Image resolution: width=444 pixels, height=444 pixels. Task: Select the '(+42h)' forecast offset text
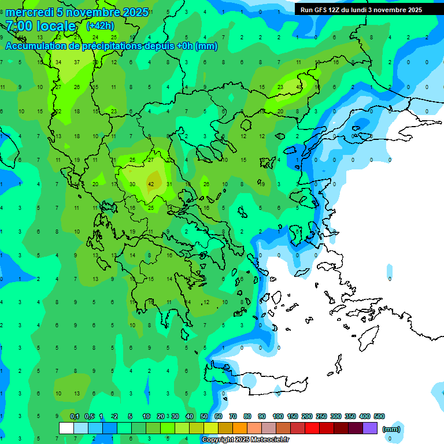[99, 25]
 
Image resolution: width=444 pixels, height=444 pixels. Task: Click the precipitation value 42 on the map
[151, 184]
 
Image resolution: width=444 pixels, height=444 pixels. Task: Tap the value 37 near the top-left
[77, 62]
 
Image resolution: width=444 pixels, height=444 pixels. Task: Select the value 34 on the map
[58, 62]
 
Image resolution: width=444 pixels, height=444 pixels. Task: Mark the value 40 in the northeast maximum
[299, 87]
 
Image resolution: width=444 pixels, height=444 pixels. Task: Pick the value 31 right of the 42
[169, 184]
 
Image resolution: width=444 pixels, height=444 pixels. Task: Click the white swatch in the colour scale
[66, 428]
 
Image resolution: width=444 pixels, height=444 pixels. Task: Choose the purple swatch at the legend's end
[370, 428]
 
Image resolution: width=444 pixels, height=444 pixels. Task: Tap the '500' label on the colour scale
[379, 417]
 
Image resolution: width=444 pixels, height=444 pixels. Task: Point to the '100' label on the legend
[278, 417]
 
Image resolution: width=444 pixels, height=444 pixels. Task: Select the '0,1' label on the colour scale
[75, 417]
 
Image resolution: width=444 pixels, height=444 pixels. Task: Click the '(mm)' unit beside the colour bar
[391, 429]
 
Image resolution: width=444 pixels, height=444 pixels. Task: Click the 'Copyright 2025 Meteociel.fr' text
[246, 440]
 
